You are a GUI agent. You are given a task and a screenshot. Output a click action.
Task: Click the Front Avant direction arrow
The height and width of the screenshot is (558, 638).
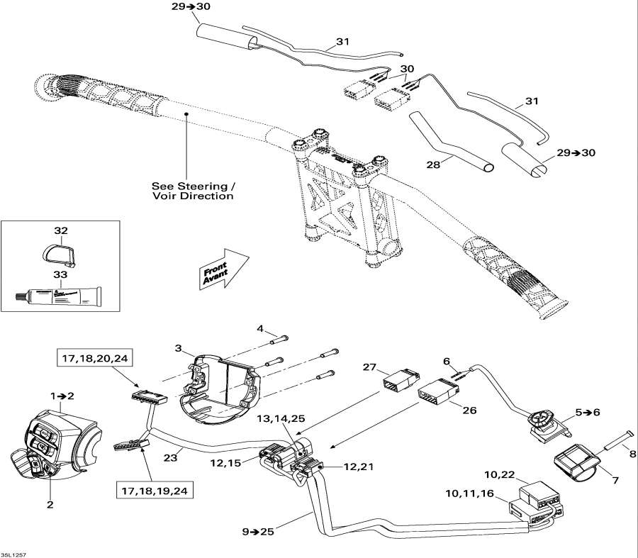pos(221,269)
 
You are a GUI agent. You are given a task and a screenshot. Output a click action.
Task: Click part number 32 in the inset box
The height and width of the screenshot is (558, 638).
pos(60,231)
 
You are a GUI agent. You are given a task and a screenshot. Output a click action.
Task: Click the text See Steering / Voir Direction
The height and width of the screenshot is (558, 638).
pos(192,190)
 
